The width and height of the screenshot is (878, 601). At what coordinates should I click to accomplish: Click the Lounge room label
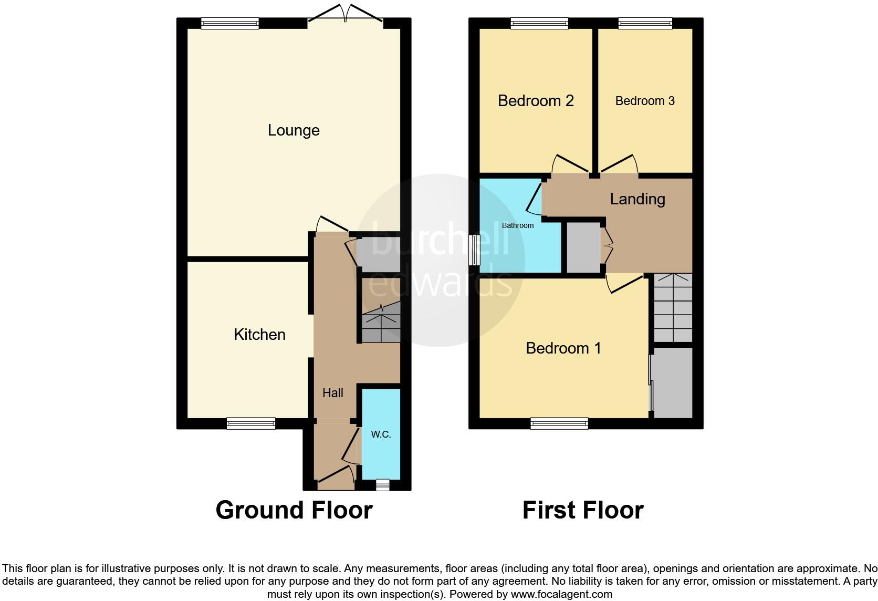(294, 130)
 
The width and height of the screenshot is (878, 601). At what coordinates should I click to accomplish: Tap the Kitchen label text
(259, 335)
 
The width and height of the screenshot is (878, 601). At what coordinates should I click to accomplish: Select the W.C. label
(381, 434)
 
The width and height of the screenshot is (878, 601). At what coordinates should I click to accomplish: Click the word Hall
(332, 393)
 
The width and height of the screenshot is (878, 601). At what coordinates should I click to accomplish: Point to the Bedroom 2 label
(535, 101)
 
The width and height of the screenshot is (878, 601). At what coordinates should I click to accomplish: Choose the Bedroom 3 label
(644, 101)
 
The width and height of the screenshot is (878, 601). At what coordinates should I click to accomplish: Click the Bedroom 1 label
(563, 348)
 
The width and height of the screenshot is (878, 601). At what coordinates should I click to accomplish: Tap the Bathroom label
(517, 225)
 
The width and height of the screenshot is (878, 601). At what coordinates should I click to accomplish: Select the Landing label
(637, 199)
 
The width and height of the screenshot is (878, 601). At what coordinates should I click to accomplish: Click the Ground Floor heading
(294, 510)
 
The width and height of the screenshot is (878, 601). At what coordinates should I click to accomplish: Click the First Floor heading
(582, 510)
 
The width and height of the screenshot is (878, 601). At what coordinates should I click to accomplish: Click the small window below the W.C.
(382, 485)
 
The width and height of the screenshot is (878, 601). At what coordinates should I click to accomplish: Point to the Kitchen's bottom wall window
(250, 423)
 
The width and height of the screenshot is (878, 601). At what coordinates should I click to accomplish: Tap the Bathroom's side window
(474, 250)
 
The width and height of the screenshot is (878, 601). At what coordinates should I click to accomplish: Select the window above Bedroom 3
(645, 23)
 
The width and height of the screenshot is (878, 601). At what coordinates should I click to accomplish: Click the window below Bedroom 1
(559, 423)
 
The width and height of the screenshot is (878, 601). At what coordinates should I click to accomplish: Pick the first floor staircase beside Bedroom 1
(673, 308)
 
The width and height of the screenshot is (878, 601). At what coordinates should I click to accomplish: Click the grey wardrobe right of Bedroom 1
(672, 382)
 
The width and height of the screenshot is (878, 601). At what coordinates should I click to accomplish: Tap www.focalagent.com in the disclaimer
(561, 595)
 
